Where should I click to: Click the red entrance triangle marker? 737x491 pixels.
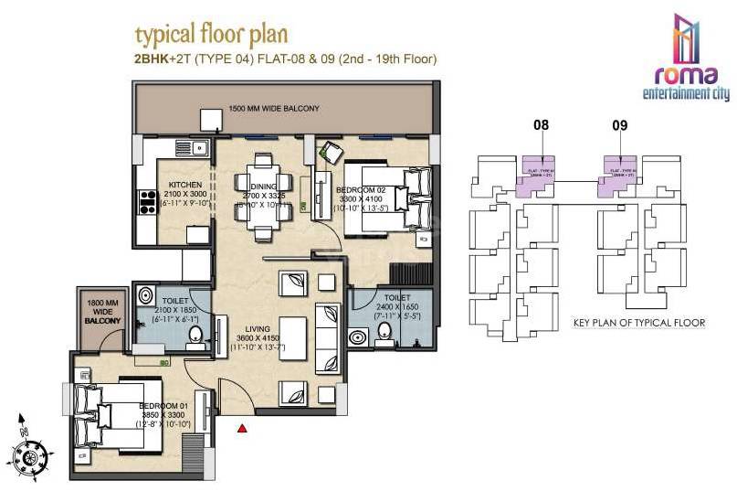pyautogui.click(x=242, y=427)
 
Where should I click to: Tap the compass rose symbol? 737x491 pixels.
pyautogui.click(x=30, y=452)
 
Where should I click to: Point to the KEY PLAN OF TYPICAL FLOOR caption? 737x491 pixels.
pyautogui.click(x=639, y=324)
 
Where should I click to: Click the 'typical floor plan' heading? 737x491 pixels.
pyautogui.click(x=211, y=35)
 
